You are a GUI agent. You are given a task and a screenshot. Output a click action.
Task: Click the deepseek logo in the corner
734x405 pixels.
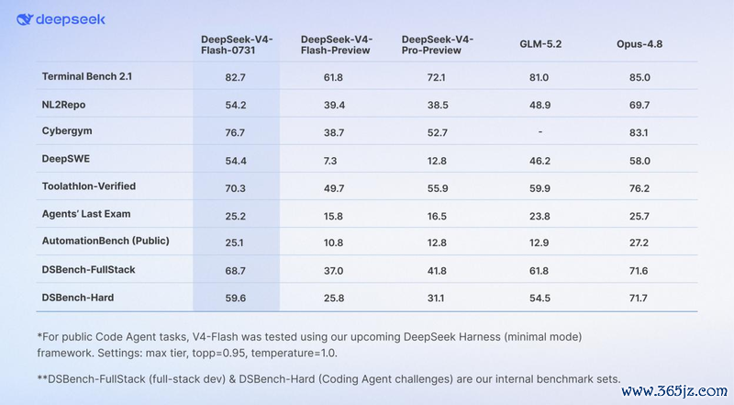coord(61,19)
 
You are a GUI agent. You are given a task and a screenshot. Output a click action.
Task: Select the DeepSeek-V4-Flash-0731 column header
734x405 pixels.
coord(237,44)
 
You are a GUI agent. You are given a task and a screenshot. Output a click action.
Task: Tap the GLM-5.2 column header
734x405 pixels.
coord(540,44)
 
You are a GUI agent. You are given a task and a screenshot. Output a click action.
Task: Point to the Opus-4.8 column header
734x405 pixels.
coord(639,44)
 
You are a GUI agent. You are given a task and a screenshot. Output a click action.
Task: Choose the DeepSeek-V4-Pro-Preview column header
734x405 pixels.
coord(438,44)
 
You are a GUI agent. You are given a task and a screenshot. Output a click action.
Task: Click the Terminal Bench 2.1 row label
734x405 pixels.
coord(87,76)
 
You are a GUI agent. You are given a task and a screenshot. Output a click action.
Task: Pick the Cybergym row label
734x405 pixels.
coord(67,131)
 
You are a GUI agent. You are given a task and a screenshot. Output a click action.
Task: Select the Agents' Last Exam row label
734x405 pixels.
coord(86,214)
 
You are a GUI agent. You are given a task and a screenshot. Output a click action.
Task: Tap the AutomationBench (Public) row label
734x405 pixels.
coord(106,241)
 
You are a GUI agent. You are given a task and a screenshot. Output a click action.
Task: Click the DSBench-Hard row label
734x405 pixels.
coord(78,298)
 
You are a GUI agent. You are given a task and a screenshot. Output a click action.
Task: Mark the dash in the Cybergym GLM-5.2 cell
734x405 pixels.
coord(539,132)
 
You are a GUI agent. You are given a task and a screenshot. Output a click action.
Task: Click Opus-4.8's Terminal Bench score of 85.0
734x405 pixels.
coord(639,77)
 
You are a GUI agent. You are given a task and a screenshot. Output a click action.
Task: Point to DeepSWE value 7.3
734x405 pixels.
coord(330,161)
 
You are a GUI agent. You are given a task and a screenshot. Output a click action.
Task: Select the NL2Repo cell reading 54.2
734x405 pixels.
coord(236,105)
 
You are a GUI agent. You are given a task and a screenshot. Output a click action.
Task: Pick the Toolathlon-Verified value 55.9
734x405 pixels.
coord(438,188)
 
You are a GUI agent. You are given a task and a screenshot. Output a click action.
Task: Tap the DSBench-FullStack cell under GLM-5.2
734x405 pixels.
coord(539,271)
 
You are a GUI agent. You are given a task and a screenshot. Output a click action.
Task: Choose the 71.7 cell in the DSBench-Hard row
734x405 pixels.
coord(639,298)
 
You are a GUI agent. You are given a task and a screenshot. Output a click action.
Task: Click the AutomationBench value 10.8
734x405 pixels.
coord(333,242)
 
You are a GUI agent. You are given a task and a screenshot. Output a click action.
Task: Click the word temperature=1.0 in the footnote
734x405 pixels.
coord(294,353)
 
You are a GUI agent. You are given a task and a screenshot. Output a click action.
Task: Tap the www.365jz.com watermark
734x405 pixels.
coord(674,390)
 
